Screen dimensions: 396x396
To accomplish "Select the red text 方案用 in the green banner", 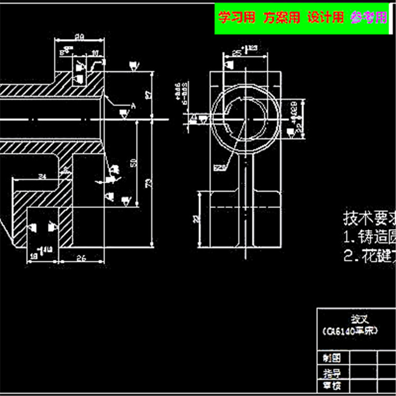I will pos(282,18).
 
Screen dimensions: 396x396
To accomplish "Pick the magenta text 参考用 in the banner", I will pos(369,18).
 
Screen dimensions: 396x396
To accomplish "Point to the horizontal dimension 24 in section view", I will pos(43,176).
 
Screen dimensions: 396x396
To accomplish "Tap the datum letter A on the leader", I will pos(133,106).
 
